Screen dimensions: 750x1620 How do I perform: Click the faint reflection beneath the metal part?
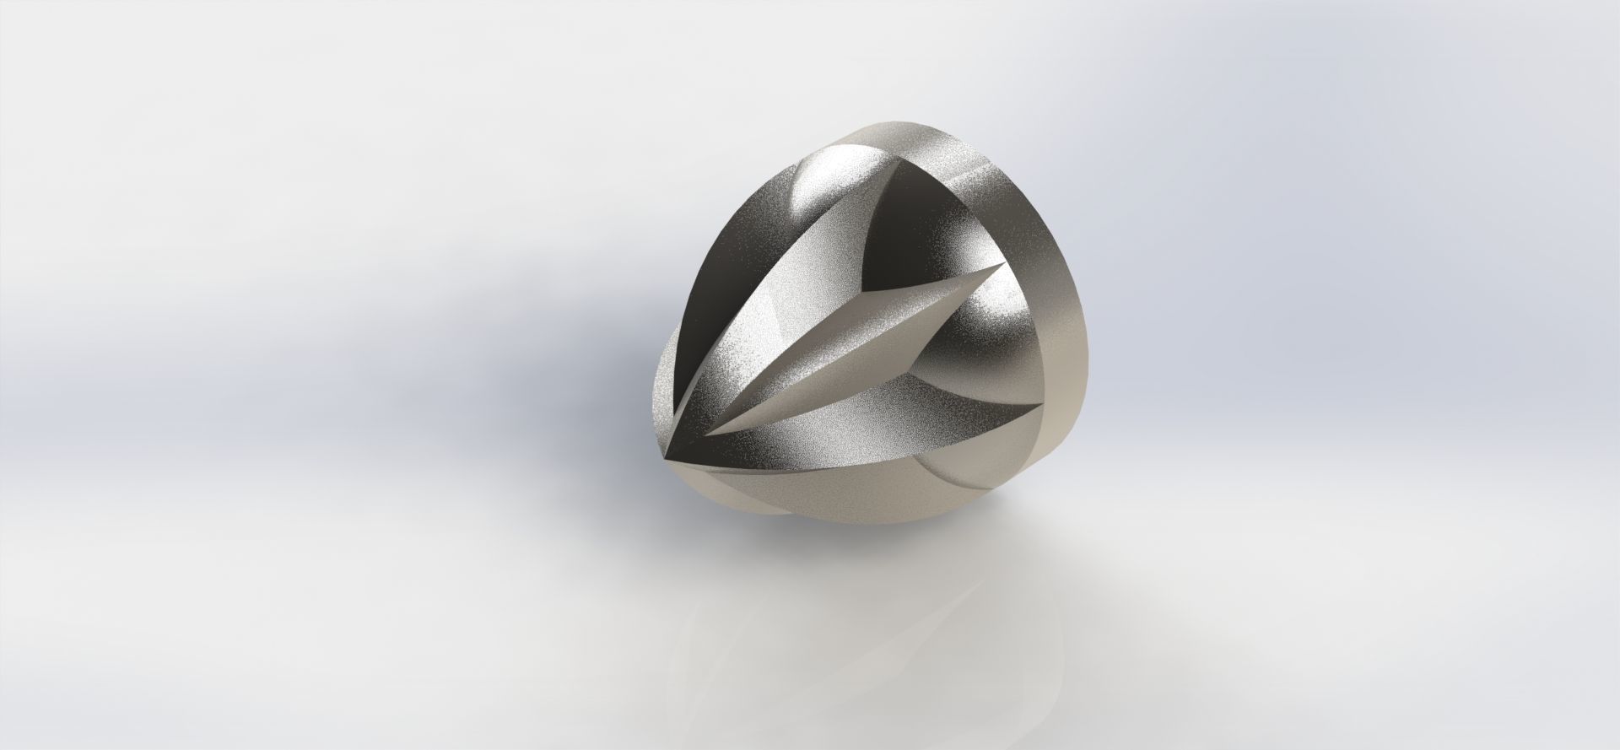coord(844,641)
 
